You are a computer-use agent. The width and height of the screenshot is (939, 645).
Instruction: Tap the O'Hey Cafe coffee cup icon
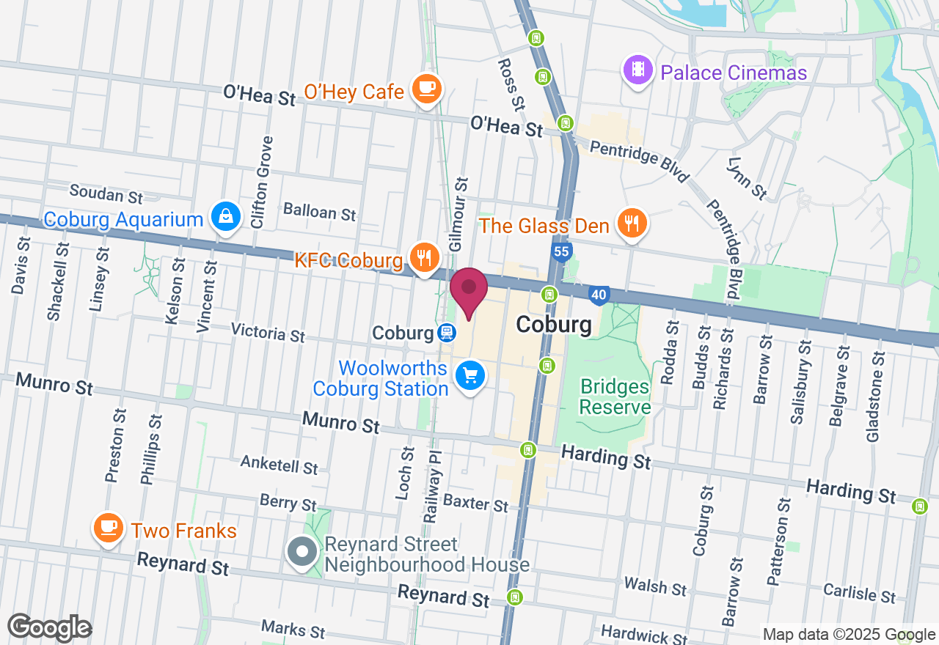click(426, 89)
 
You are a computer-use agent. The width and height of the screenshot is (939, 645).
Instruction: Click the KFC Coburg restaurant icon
click(424, 257)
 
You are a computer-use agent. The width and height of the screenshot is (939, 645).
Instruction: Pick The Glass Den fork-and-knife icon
click(631, 222)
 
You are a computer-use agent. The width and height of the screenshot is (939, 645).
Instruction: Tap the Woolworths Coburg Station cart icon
click(469, 376)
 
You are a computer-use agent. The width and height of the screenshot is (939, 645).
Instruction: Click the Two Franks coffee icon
click(109, 526)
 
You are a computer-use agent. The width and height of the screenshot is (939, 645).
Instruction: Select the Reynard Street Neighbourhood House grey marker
click(302, 553)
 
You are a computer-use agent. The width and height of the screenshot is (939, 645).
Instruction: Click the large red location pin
click(469, 290)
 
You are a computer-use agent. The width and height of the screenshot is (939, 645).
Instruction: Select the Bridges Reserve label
click(615, 397)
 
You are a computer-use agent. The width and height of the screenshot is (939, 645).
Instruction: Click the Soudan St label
click(106, 195)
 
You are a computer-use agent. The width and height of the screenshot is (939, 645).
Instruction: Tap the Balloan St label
click(320, 212)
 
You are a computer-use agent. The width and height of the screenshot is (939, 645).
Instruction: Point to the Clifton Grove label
click(261, 182)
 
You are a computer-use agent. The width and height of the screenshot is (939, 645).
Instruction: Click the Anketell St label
click(279, 464)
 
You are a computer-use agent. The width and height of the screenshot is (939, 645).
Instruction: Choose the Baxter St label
click(475, 503)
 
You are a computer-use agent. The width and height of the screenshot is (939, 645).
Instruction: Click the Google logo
click(49, 628)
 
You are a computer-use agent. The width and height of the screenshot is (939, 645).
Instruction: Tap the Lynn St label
click(748, 178)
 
